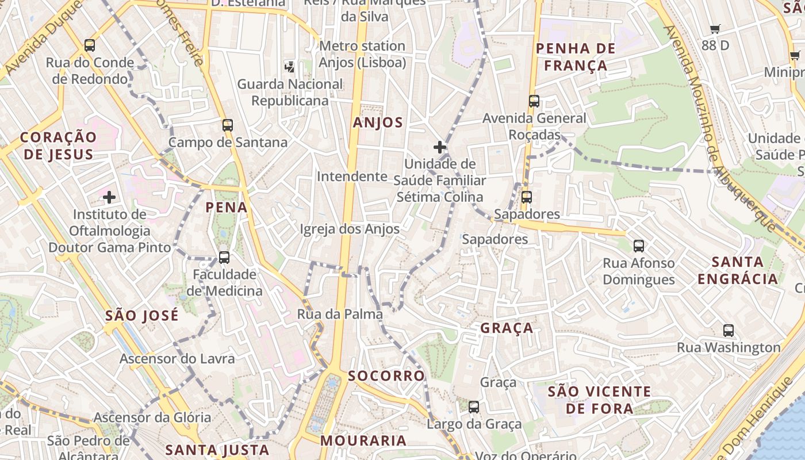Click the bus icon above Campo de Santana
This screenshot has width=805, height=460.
click(x=228, y=125)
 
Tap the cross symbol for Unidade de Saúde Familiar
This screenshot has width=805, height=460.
click(x=440, y=147)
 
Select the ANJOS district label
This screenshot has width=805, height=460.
click(x=378, y=122)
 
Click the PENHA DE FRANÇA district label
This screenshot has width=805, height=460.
click(x=576, y=56)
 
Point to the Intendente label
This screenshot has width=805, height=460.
click(x=352, y=177)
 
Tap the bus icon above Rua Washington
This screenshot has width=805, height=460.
click(x=729, y=331)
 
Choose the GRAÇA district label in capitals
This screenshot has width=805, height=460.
click(x=507, y=328)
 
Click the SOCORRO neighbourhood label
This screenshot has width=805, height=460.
click(x=386, y=376)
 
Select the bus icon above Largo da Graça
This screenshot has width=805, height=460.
click(x=474, y=407)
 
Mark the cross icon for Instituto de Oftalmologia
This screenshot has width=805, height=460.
click(x=109, y=198)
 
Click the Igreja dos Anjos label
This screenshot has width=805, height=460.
click(x=350, y=229)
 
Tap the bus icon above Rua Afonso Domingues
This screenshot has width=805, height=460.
click(x=639, y=246)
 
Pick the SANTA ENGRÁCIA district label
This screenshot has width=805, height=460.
click(x=738, y=271)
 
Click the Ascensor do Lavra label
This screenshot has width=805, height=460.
click(x=177, y=359)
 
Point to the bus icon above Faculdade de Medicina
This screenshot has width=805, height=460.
click(x=224, y=257)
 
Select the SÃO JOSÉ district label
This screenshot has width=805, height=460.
click(x=142, y=316)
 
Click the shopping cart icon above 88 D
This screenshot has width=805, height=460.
click(x=715, y=29)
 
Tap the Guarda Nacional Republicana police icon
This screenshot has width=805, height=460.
click(x=290, y=67)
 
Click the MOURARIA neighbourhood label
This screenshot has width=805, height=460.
click(x=363, y=441)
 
